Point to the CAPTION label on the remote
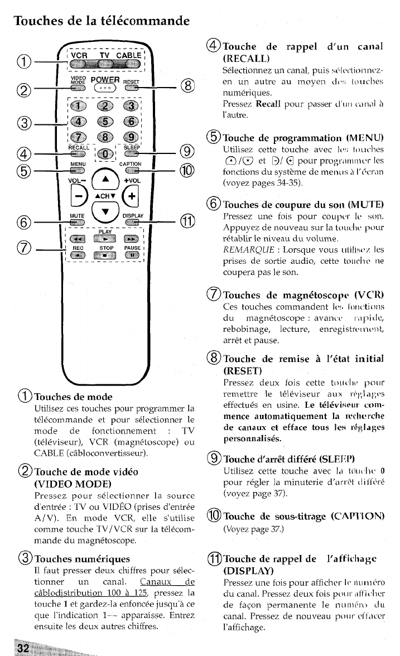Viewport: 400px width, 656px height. (131, 164)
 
